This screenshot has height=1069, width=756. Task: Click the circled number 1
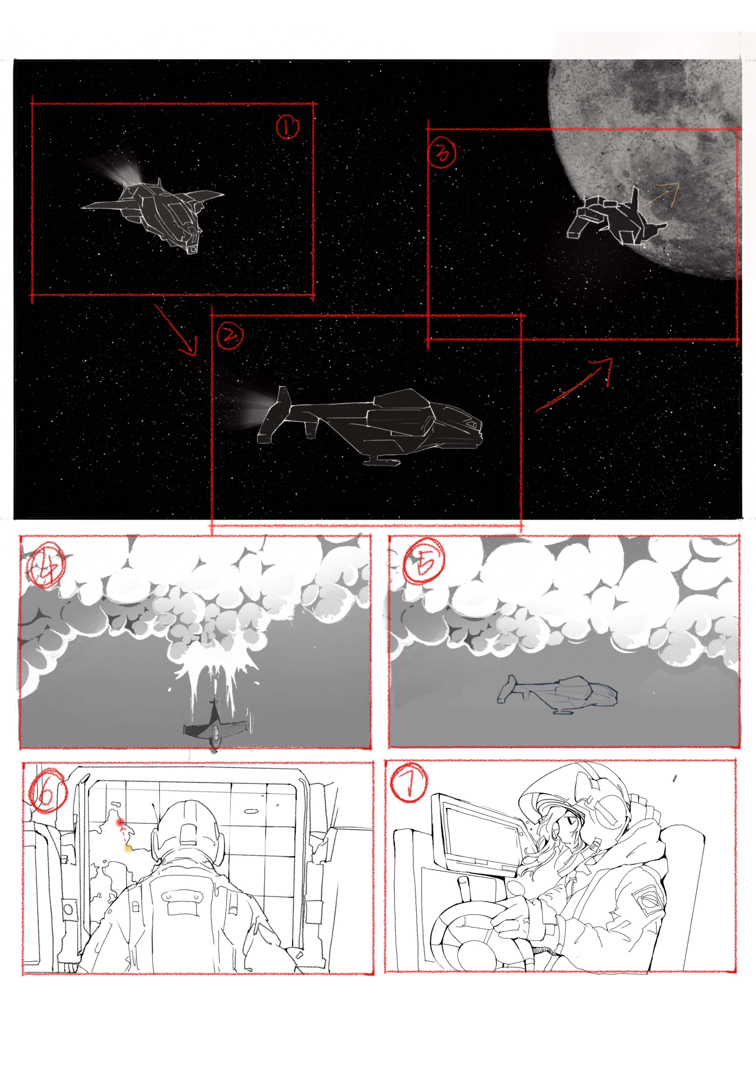(x=288, y=127)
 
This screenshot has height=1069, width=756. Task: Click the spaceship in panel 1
(x=158, y=212)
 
